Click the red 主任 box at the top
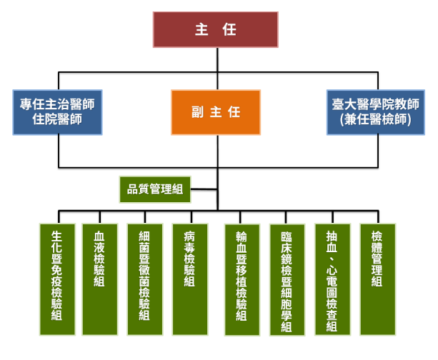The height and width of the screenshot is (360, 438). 215,30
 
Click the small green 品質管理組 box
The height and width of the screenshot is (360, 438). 155,189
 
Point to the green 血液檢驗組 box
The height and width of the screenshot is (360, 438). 100,279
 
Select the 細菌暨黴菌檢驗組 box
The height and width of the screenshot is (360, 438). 145,279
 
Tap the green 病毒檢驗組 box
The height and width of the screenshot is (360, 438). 190,279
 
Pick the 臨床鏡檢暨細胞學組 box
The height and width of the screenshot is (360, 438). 287,279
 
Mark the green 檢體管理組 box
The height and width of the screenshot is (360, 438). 377,279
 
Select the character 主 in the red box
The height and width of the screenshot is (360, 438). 201,30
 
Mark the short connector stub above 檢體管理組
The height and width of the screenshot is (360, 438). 377,217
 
